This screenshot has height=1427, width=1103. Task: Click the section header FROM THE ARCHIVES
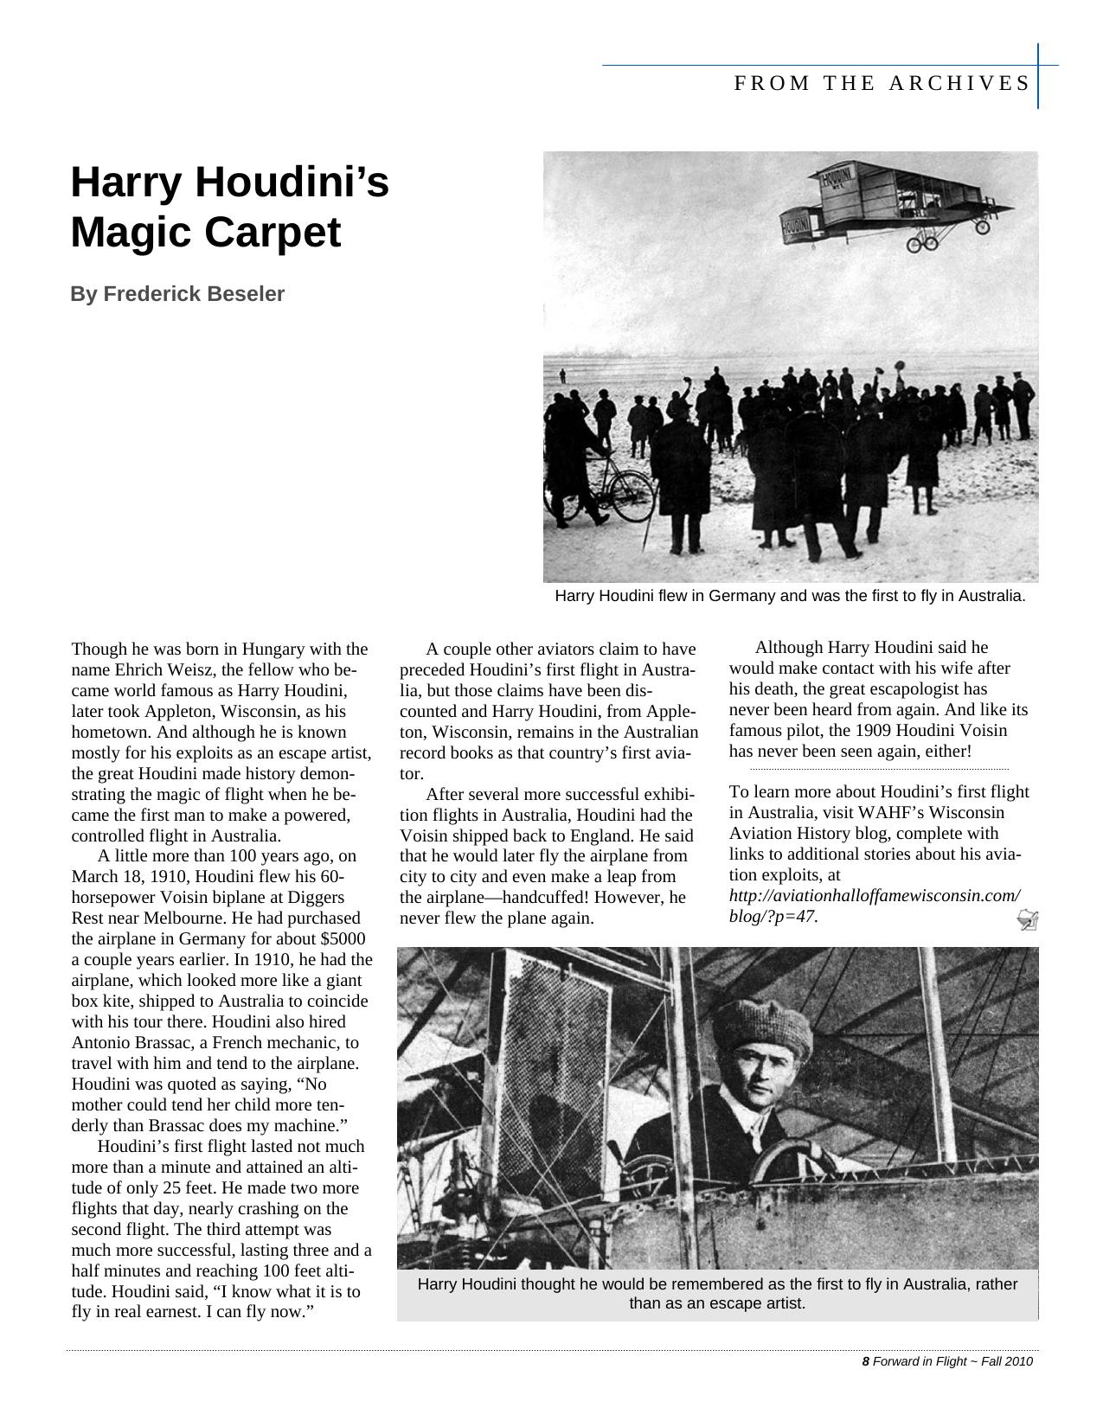point(882,83)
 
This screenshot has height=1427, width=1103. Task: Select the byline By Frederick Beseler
point(177,294)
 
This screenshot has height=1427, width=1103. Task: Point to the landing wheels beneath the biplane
point(922,244)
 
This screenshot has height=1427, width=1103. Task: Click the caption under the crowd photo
point(790,596)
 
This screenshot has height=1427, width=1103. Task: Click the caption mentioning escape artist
point(717,1293)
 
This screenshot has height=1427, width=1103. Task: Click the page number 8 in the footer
point(865,1361)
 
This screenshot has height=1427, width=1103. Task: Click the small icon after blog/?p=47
point(1028,920)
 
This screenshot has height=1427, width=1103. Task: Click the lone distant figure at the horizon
point(562,375)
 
